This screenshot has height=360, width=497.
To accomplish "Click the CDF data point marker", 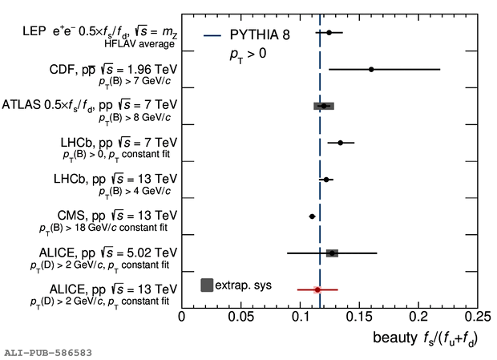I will click(x=371, y=70).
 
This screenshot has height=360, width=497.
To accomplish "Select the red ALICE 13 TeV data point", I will click(x=317, y=289).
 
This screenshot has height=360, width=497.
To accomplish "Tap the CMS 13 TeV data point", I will click(x=313, y=216).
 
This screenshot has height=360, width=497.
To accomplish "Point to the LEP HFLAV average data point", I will click(x=329, y=33).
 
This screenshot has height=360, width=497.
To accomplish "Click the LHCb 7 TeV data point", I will click(x=340, y=143).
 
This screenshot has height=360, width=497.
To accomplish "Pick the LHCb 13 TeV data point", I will click(x=325, y=180).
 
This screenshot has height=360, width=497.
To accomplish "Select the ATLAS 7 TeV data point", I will click(x=323, y=106).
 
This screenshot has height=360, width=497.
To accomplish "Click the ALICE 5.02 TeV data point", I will click(x=331, y=253).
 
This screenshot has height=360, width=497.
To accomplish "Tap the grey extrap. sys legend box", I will click(x=207, y=285).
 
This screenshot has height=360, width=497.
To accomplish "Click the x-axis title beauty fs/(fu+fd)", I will click(x=424, y=338).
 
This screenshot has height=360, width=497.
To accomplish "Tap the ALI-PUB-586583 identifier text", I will click(x=48, y=352).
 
